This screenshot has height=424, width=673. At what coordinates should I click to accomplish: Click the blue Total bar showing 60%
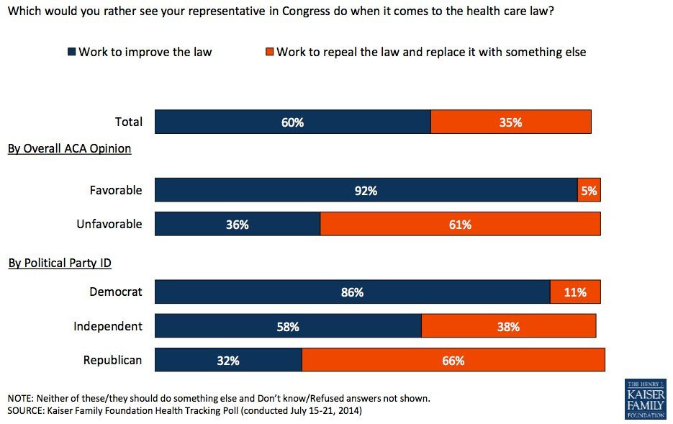point(292,122)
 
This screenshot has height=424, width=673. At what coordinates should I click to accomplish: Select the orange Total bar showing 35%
point(510,122)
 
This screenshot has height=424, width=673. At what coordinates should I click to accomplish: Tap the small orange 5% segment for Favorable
point(589,191)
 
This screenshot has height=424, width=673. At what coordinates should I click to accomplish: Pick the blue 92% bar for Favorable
point(366,191)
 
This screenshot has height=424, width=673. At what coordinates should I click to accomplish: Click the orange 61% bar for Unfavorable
point(460,224)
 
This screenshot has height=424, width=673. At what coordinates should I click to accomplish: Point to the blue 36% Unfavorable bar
point(237,224)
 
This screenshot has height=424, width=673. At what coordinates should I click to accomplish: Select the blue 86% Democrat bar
point(352,292)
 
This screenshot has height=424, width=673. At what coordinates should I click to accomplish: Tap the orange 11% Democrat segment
point(575,292)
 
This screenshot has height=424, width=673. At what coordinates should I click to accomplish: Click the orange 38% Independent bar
point(508,326)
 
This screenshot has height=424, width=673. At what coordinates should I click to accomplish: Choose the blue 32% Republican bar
point(228,360)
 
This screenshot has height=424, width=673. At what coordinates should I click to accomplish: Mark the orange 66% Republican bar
point(453,360)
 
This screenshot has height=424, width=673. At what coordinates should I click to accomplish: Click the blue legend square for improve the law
point(71,52)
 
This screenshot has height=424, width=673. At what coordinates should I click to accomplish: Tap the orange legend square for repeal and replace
point(270,52)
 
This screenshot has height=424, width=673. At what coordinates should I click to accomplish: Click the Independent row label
point(108,326)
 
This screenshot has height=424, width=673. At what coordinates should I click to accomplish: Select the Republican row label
point(113,360)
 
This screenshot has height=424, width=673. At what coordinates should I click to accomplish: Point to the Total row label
point(129,122)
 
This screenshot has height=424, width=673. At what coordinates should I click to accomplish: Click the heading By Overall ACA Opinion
point(69,148)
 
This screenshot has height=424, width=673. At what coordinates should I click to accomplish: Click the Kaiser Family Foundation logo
point(645,399)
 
